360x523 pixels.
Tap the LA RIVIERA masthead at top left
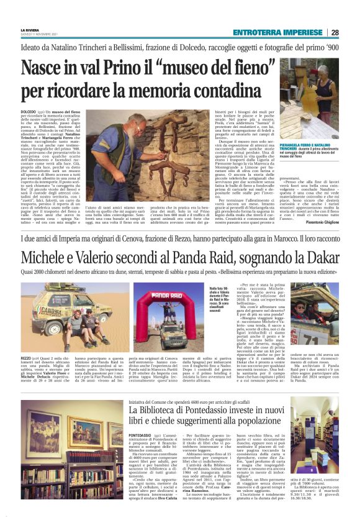[30, 30]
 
